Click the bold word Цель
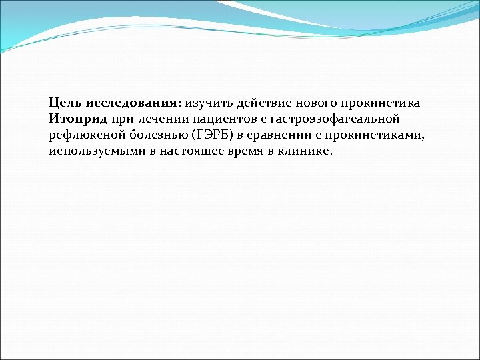64,103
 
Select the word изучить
209,103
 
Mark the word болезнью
155,135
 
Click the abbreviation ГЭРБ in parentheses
209,135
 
